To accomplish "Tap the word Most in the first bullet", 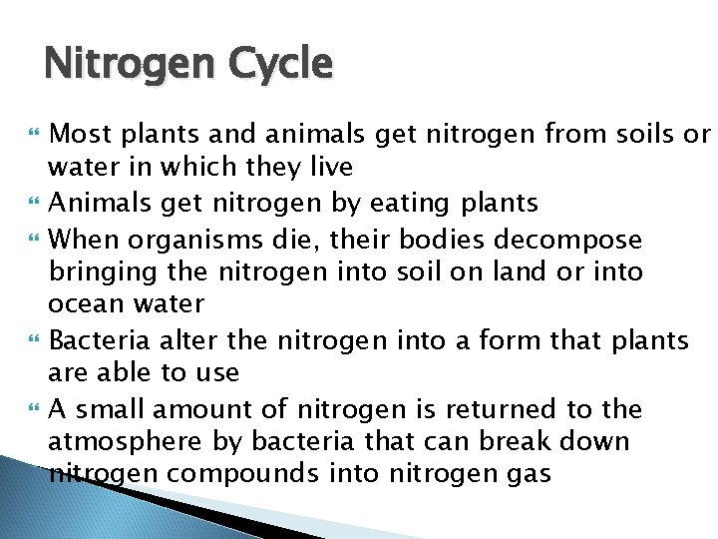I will [78, 134].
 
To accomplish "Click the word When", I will [80, 240].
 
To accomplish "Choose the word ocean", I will [86, 303].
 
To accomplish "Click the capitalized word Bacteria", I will [95, 340].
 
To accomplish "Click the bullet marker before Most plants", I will [37, 135].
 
